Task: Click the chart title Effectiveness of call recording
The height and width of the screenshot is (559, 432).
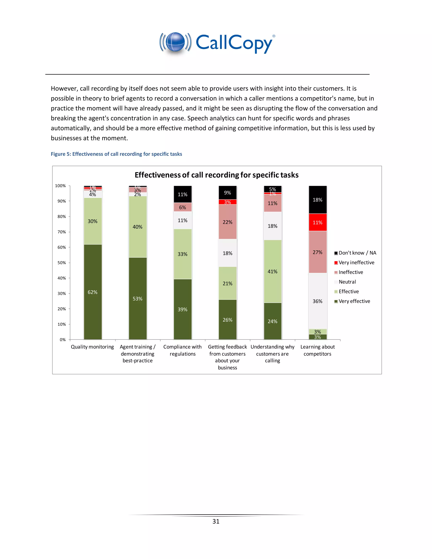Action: click(216, 175)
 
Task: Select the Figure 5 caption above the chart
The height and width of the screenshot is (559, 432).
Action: click(116, 154)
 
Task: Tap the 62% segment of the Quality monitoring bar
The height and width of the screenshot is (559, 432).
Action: click(93, 292)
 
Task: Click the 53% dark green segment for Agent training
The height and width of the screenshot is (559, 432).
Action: click(138, 298)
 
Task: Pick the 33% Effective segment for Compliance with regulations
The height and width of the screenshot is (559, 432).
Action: click(182, 254)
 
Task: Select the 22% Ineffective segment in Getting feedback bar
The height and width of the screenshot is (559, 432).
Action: click(228, 222)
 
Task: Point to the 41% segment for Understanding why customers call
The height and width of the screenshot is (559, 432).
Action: click(273, 271)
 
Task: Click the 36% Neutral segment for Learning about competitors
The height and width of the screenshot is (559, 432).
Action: click(318, 301)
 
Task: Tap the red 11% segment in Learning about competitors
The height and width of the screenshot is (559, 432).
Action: click(318, 222)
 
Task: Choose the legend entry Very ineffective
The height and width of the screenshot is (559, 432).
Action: click(356, 262)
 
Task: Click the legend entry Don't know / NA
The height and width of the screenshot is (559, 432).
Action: click(357, 253)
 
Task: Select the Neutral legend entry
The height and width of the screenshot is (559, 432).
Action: click(347, 282)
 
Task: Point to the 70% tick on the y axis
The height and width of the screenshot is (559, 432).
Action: click(62, 232)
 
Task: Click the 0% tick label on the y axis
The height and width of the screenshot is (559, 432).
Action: click(63, 340)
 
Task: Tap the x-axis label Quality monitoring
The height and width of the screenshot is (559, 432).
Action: click(92, 347)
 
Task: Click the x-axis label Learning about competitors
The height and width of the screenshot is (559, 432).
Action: click(318, 350)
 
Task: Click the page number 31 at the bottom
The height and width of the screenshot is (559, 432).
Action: click(216, 521)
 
